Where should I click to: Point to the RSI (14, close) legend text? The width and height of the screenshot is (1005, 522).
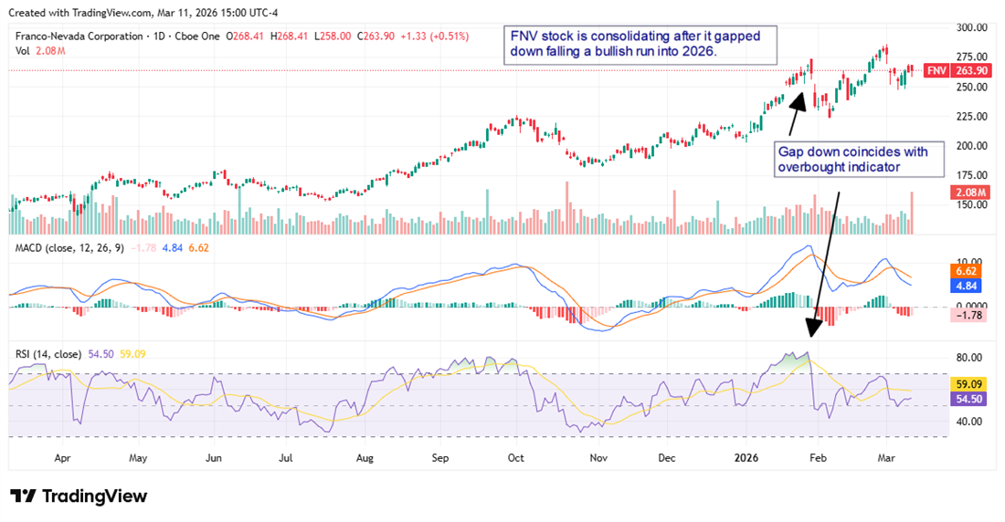click(x=47, y=353)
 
